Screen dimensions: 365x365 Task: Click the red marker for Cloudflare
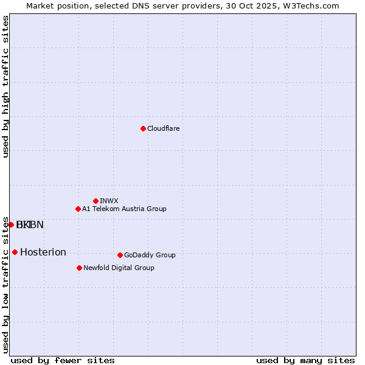pyautogui.click(x=143, y=128)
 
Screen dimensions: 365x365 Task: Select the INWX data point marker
pyautogui.click(x=96, y=201)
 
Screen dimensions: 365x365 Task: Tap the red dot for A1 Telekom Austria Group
pyautogui.click(x=78, y=209)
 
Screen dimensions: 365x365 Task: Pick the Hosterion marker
pyautogui.click(x=15, y=252)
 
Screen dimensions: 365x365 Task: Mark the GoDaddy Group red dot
pyautogui.click(x=120, y=255)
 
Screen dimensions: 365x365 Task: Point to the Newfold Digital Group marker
pyautogui.click(x=79, y=268)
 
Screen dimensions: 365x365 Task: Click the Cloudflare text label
pyautogui.click(x=164, y=128)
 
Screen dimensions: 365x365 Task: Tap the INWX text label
pyautogui.click(x=109, y=201)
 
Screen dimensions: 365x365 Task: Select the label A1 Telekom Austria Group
pyautogui.click(x=124, y=209)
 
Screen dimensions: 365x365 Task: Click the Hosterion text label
pyautogui.click(x=43, y=252)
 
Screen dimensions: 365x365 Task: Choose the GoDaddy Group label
pyautogui.click(x=150, y=255)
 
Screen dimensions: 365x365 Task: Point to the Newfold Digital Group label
pyautogui.click(x=119, y=268)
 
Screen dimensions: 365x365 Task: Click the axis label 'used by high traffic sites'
pyautogui.click(x=6, y=86)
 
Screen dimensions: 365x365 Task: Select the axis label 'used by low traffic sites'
pyautogui.click(x=6, y=285)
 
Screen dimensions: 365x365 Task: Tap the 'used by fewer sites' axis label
pyautogui.click(x=63, y=360)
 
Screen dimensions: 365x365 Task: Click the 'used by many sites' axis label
pyautogui.click(x=305, y=360)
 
